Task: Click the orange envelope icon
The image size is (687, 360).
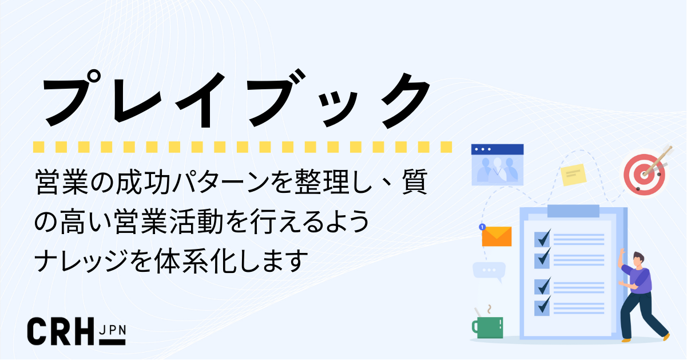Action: point(497,236)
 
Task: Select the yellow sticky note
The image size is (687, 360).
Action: point(574,174)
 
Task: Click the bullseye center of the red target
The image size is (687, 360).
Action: point(645,171)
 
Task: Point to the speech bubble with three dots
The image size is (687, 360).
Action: point(489,270)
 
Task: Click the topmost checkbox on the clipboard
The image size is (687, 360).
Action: point(542,238)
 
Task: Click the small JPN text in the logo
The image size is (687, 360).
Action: point(112,329)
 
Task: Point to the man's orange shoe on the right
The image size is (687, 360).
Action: point(665,338)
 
